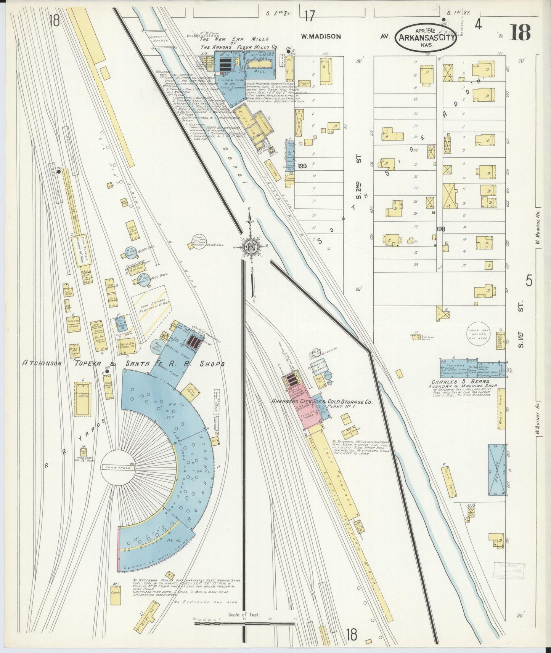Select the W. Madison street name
tap(321, 37)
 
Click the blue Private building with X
tap(497, 470)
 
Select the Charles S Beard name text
tap(461, 381)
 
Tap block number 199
tap(302, 166)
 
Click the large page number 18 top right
tap(519, 32)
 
